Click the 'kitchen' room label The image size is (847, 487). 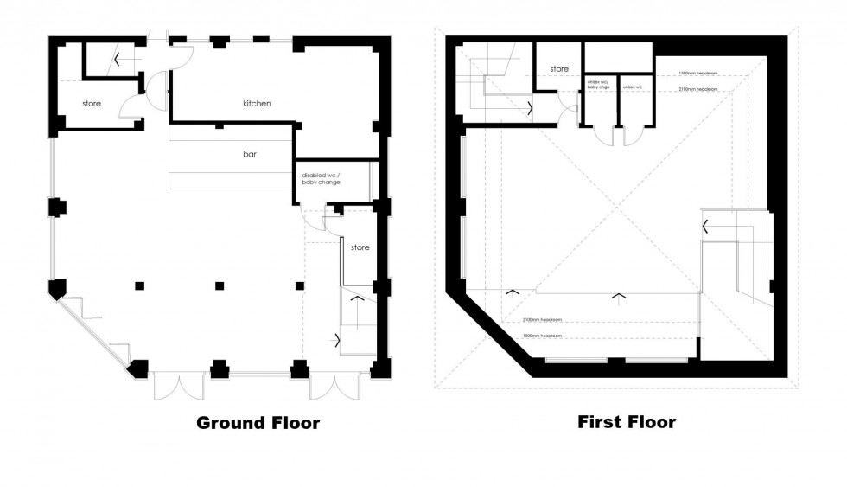257,103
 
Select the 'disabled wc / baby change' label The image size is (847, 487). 321,179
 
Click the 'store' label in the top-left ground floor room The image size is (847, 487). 92,104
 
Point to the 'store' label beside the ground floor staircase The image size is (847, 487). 360,247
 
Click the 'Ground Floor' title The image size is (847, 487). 258,423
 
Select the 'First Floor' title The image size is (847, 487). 627,422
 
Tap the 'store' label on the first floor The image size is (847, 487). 560,69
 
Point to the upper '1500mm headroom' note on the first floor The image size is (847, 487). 698,73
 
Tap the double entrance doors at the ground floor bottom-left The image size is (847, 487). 176,388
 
